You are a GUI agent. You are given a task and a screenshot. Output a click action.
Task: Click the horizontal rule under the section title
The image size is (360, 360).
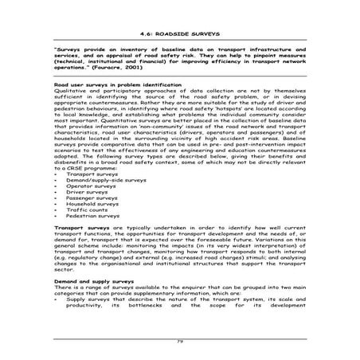pyautogui.click(x=179, y=41)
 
